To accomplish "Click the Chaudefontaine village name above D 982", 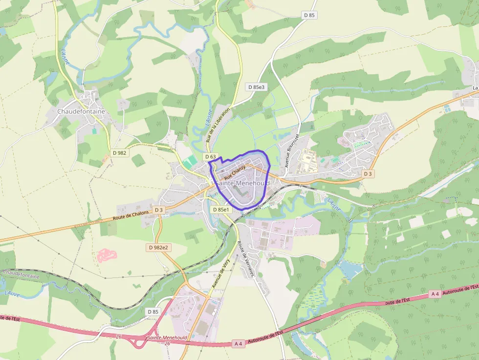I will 81,111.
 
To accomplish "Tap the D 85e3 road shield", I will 256,87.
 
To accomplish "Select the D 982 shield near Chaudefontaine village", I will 119,153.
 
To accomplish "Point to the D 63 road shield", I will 211,156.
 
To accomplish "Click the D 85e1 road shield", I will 221,210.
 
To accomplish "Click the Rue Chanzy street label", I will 235,171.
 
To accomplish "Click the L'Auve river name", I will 12,293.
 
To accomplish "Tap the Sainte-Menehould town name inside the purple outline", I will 243,183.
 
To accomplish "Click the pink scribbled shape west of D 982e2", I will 108,254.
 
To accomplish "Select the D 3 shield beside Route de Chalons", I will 158,210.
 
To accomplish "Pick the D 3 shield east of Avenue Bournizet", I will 368,174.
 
